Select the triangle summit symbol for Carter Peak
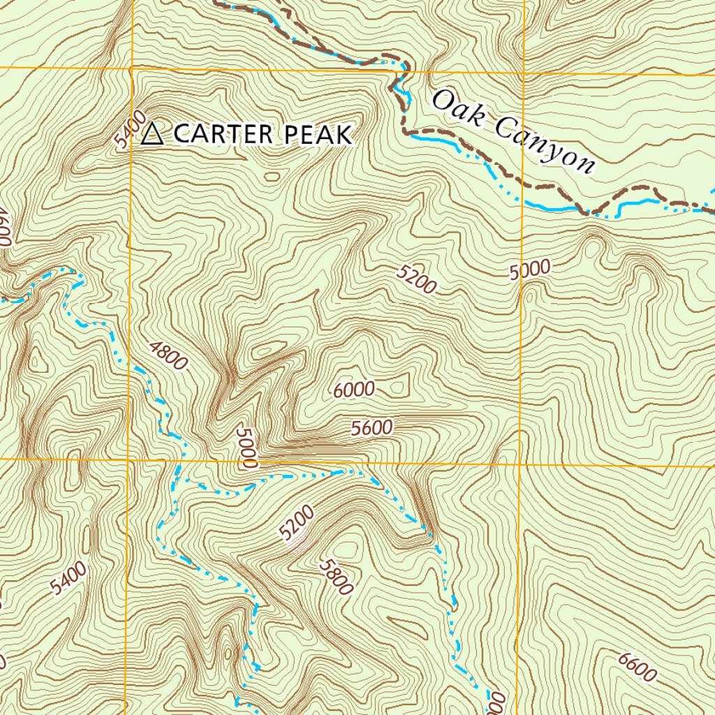click(152, 133)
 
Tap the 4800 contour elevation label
click(168, 354)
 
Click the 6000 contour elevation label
click(354, 390)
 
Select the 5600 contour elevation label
click(372, 427)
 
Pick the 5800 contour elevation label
click(335, 576)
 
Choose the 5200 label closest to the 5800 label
click(296, 522)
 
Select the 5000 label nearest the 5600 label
click(247, 447)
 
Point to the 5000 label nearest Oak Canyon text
click(530, 270)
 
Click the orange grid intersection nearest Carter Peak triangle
click(132, 69)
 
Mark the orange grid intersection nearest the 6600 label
click(520, 464)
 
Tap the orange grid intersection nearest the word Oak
click(523, 72)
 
